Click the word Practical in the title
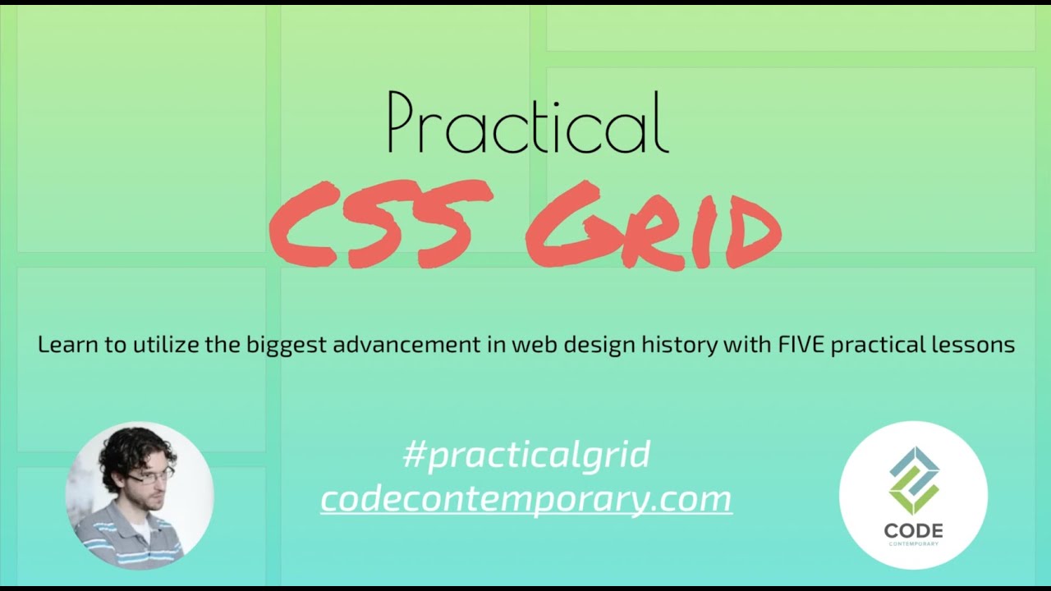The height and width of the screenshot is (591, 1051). pos(527,123)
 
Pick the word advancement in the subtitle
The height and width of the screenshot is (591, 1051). pos(414,345)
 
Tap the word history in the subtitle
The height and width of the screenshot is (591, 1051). pos(685,346)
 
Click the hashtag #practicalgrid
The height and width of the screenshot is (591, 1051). pos(526,455)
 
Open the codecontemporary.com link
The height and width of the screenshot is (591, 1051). pos(526,498)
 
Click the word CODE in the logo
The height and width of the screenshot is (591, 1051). pos(913,531)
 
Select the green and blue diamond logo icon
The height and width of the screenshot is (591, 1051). pos(913,480)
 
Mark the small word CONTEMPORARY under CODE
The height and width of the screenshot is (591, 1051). pos(913,544)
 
